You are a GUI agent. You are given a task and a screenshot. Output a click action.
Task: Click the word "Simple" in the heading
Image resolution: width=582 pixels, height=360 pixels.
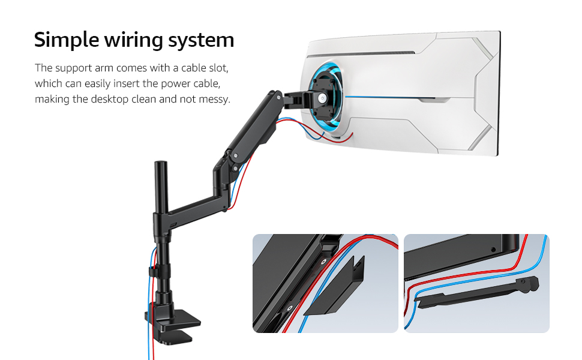66,40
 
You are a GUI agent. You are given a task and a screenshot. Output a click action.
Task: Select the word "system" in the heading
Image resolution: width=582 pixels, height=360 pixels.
202,40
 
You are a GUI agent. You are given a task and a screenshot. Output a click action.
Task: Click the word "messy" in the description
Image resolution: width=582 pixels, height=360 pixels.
213,99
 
